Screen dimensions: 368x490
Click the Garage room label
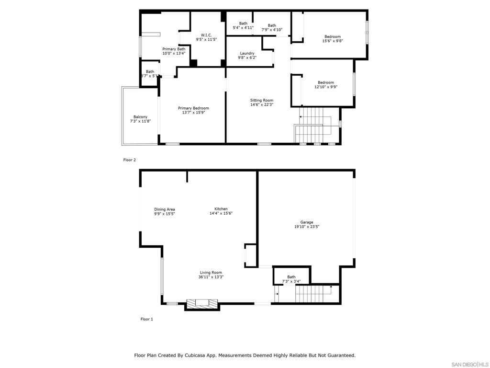307,222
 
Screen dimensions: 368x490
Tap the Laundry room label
247,53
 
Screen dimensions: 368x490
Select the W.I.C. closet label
206,35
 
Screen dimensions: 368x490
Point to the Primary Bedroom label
193,108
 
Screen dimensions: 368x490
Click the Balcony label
140,117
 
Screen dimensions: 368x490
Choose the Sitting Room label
262,100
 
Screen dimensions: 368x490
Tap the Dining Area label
164,209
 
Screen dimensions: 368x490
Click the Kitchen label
221,209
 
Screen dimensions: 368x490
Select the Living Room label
211,273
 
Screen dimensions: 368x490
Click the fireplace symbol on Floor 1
201,303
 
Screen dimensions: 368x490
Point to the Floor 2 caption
130,160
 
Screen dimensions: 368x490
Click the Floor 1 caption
146,319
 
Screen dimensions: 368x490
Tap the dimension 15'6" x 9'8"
333,41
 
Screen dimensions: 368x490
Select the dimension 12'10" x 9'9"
326,87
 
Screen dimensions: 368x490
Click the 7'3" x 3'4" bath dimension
291,281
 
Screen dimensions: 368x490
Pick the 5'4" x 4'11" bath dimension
243,28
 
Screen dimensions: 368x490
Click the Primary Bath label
174,49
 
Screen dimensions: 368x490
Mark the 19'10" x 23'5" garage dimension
307,227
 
